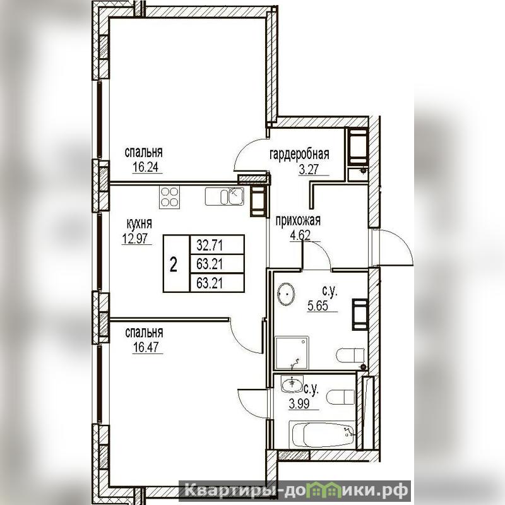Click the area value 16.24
pos(147,168)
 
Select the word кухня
pos(139,223)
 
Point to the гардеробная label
pos(299,154)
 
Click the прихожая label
pos(298,221)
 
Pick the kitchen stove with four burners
pos(169,197)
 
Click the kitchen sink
pos(225,196)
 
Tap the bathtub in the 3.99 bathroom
pos(322,434)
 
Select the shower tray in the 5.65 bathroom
pos(292,353)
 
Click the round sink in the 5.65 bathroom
pos(286,294)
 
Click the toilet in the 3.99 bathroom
pos(340,397)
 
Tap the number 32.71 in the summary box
pos(210,246)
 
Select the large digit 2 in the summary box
pos(174,265)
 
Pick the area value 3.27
pos(309,169)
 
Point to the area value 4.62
pos(300,235)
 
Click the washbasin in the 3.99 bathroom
pos(292,384)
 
